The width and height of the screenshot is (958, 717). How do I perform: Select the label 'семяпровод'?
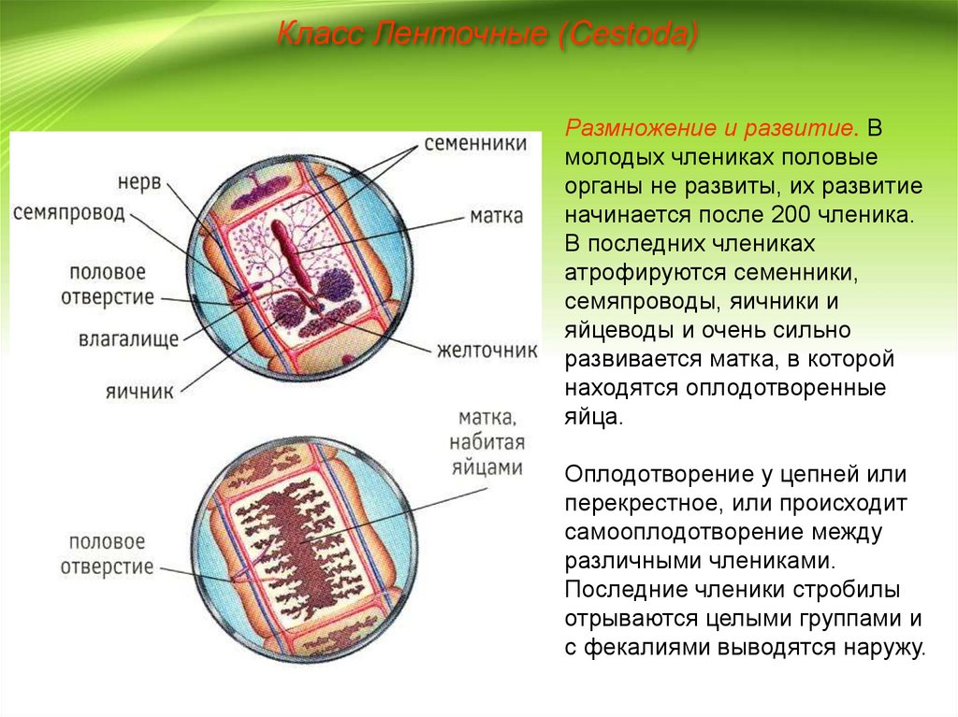tap(68, 212)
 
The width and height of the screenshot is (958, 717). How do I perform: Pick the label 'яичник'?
tap(138, 392)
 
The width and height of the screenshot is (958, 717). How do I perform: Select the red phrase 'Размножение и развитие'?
tap(709, 125)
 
